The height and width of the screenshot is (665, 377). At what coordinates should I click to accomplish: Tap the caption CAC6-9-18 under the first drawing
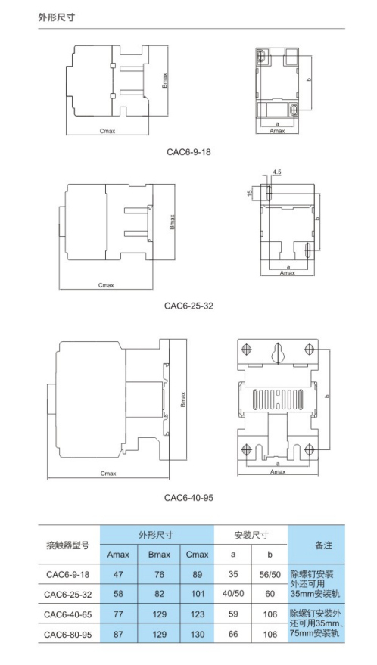coord(188,151)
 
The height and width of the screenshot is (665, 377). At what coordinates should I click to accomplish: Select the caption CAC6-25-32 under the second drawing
coord(188,306)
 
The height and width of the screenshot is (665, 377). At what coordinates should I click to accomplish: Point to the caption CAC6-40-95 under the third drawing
coord(188,498)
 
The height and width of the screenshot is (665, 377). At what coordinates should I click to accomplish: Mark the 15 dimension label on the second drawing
coord(248,193)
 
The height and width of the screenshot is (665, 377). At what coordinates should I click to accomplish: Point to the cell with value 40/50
coord(232,594)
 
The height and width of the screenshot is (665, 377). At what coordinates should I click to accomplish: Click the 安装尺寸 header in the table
coord(251,535)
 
